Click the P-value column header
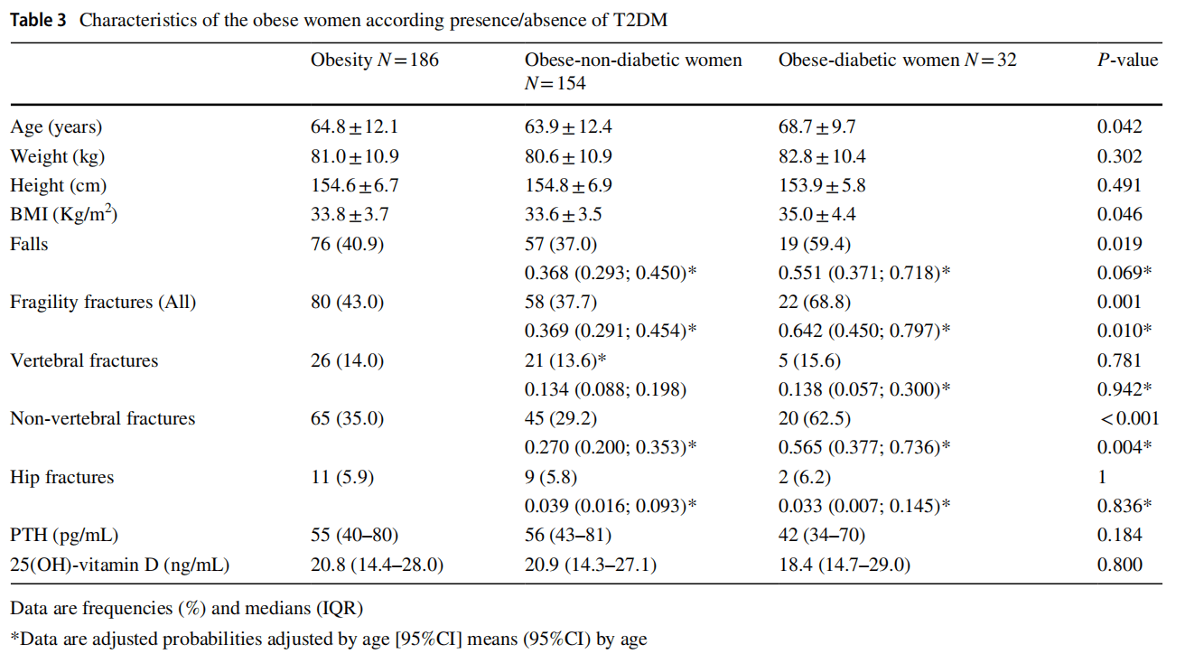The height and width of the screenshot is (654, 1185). tap(1126, 61)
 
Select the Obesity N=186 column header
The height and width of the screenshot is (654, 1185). tap(375, 61)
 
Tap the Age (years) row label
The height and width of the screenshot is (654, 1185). tap(56, 127)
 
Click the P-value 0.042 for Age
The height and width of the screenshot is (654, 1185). tap(1119, 127)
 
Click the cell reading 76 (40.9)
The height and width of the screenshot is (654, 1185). tap(347, 244)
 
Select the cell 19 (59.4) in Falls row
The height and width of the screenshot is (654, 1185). tap(815, 244)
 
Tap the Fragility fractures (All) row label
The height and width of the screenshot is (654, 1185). tap(103, 302)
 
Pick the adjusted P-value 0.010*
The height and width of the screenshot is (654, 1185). tap(1123, 331)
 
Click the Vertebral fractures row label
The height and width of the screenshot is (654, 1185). tap(84, 360)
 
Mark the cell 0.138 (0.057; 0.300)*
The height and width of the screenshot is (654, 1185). tap(864, 389)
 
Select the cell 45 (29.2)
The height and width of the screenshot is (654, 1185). tap(561, 418)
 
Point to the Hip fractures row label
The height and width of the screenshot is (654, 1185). tap(62, 477)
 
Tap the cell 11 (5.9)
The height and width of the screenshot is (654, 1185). tap(342, 477)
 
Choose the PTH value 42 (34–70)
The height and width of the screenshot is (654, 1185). tap(821, 536)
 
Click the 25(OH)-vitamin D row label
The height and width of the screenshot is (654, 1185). tap(119, 565)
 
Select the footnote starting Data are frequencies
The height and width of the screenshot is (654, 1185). tap(187, 607)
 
